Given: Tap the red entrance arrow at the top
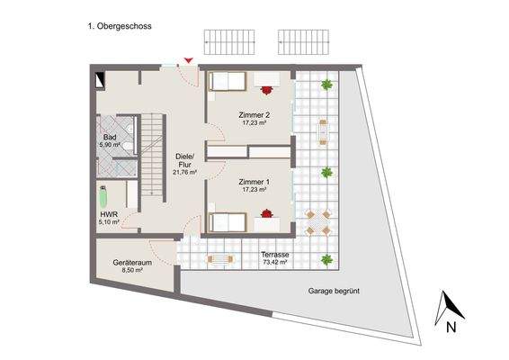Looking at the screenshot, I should coord(188,60).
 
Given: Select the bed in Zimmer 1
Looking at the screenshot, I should coord(227,220).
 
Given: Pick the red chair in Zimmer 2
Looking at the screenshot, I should coord(267,89).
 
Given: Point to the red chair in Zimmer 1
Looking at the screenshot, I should coord(267,214).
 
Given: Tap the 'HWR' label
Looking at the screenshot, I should coord(109,215).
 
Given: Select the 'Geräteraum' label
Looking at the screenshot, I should coord(130,263).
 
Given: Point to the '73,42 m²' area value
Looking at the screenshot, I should coord(274,263).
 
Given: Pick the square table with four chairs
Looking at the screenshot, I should coord(315,222).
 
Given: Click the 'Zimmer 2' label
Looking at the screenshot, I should coord(255,115).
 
